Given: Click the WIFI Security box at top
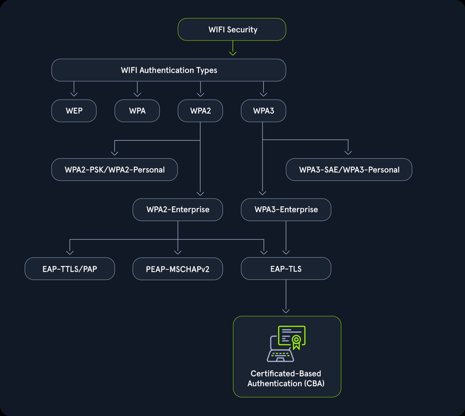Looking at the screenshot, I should [x=232, y=29].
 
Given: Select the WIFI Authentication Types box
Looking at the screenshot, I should [x=168, y=70].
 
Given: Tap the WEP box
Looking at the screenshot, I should [x=74, y=111].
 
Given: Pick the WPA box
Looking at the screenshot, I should [x=137, y=111].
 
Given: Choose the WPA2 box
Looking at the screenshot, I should [x=200, y=111].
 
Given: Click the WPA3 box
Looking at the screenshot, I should [x=264, y=111].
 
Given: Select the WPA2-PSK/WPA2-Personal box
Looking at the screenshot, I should [x=114, y=170].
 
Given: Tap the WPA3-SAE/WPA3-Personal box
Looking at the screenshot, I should [x=349, y=170].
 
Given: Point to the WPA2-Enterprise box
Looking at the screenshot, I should [x=178, y=210].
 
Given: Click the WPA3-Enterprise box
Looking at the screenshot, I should [x=286, y=210].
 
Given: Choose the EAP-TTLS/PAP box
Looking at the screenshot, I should [x=70, y=269].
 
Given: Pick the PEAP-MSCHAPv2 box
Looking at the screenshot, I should [x=178, y=269].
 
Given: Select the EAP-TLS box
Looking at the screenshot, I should [x=286, y=269].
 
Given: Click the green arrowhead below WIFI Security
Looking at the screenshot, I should [x=232, y=53].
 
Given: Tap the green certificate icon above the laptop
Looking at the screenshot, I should [x=292, y=337].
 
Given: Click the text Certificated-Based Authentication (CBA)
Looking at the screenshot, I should [x=286, y=379].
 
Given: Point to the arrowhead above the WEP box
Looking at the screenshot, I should [x=74, y=94].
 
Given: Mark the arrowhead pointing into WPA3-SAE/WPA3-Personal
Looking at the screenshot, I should [x=348, y=152].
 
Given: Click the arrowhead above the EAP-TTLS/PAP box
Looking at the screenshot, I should [x=70, y=252].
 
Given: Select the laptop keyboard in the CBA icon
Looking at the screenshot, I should [x=279, y=356].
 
